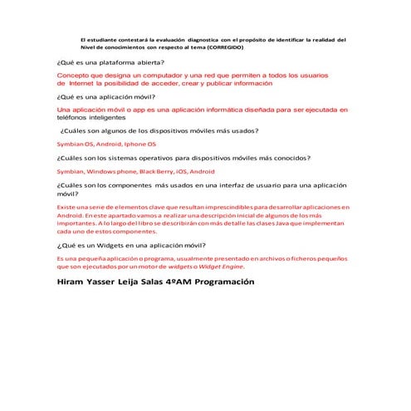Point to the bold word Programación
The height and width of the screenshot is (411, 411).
[x=249, y=283]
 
